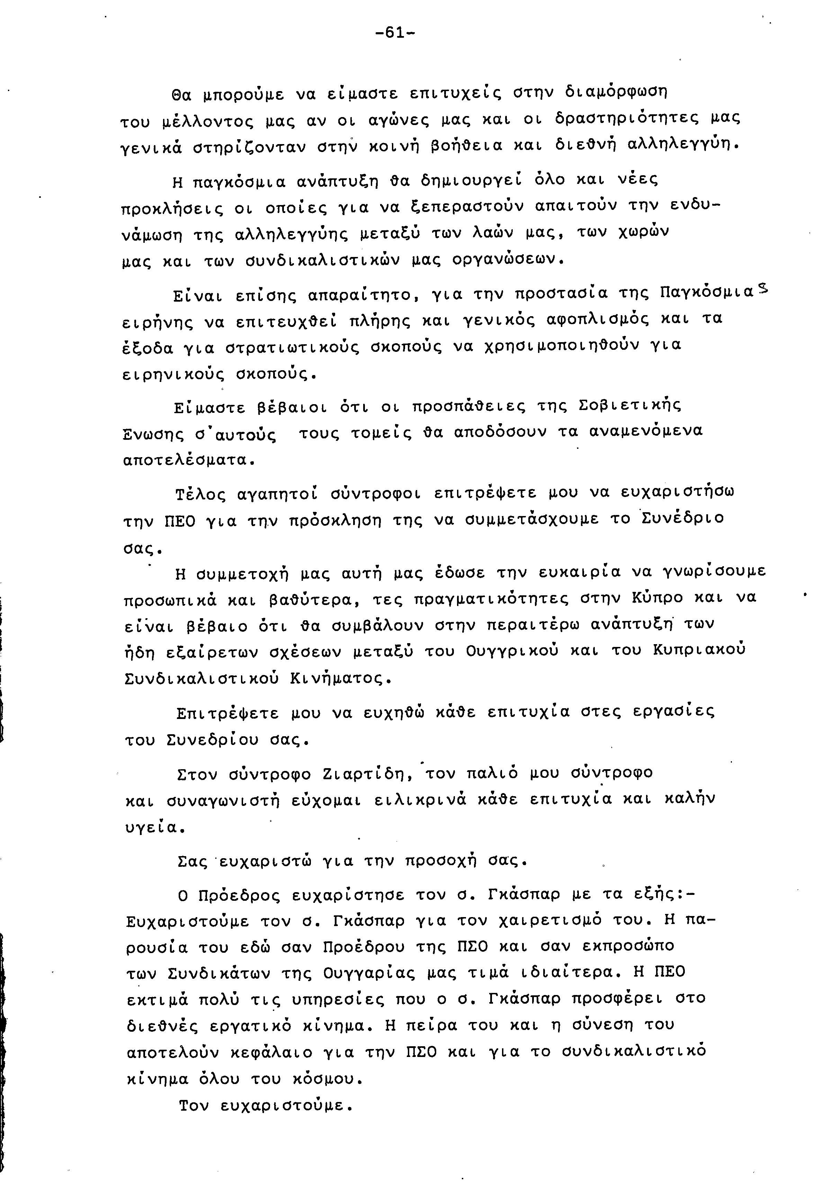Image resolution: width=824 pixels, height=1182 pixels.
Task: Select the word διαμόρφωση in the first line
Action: [616, 93]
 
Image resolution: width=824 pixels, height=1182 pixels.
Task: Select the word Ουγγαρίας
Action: [370, 974]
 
